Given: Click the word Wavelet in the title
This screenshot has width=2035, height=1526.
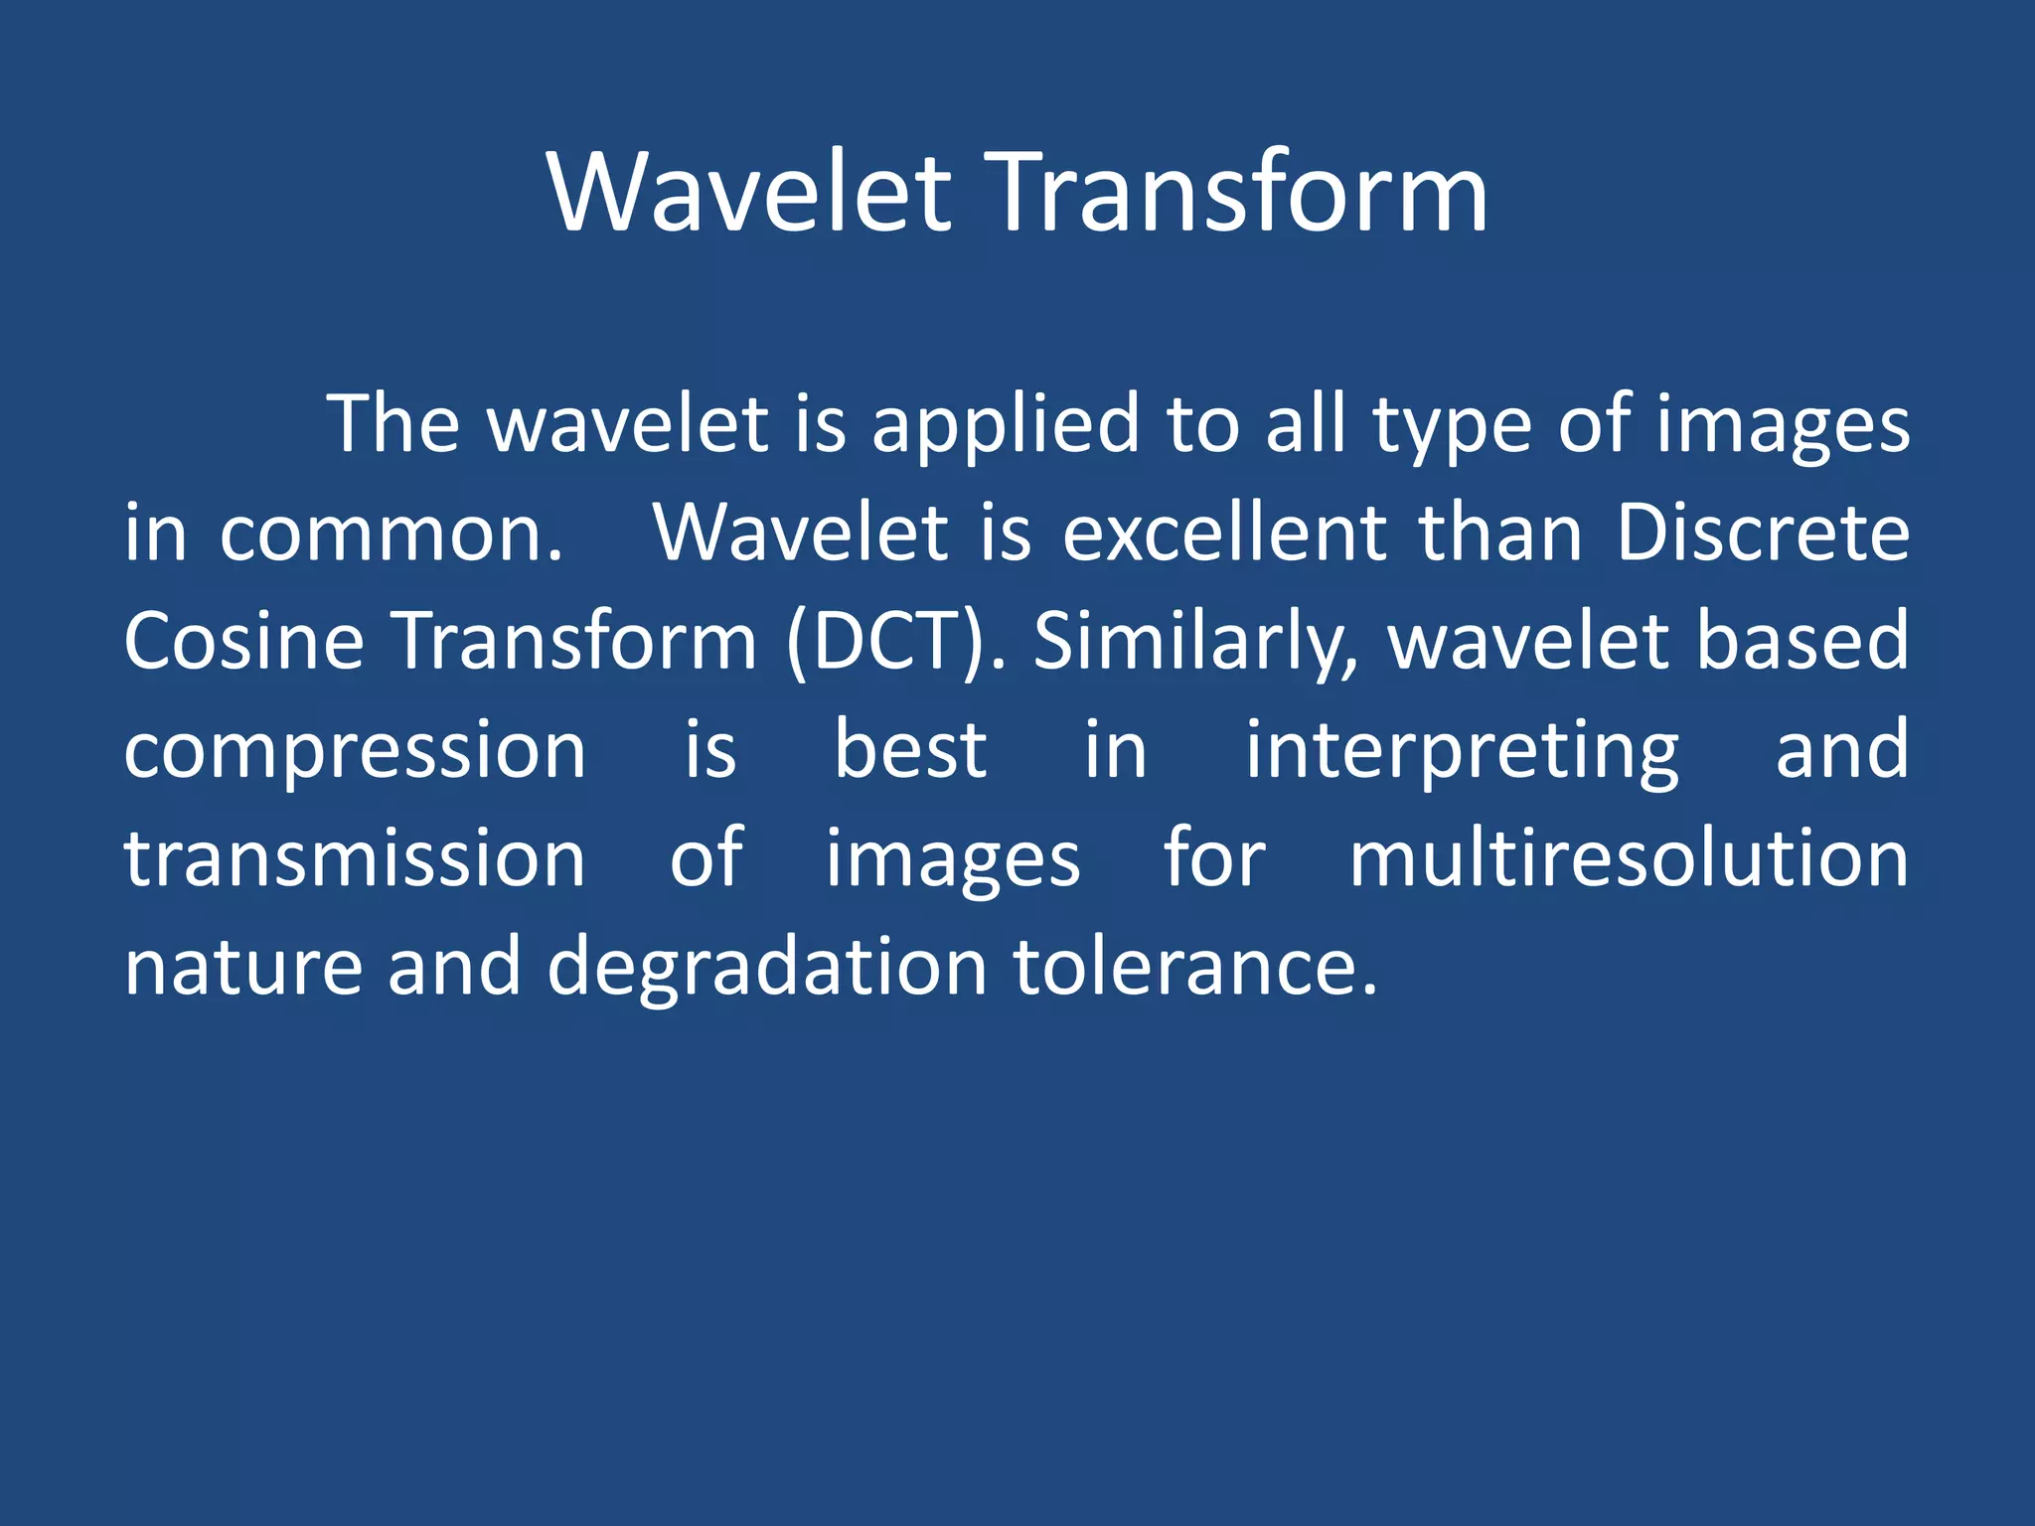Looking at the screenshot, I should click(x=750, y=194).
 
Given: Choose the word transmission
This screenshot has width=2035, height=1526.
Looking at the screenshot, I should click(x=355, y=859).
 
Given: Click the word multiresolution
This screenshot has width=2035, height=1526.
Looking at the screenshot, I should click(x=1629, y=859).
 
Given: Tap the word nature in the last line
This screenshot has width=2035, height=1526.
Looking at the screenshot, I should click(x=243, y=968).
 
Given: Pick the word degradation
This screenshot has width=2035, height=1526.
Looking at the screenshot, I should click(x=766, y=968).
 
